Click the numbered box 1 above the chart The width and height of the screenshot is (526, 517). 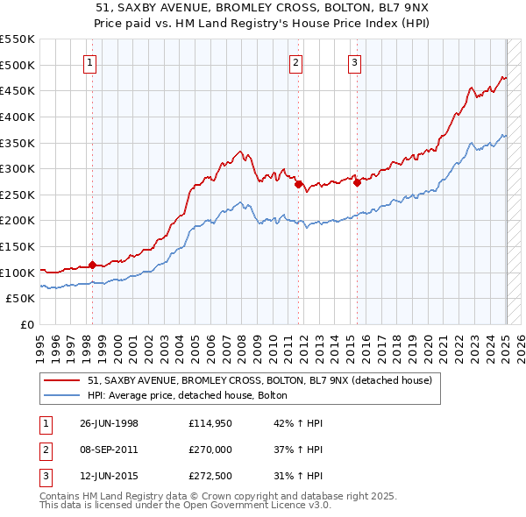coord(92,62)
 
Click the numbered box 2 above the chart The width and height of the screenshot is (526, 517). coord(296,62)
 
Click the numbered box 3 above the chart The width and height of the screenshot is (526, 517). coord(354,62)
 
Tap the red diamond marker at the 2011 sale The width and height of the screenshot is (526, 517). coord(298,184)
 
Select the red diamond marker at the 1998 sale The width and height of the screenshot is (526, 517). coord(93,265)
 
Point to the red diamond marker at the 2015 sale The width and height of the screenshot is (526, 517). coord(357,183)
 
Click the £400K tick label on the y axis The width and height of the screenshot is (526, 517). coord(18,117)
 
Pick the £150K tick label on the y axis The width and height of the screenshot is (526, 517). coord(18,246)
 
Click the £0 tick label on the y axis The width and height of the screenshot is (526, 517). coord(27,324)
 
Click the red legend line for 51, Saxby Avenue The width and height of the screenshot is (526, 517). coord(62,381)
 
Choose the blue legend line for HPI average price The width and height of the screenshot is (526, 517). coord(62,395)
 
